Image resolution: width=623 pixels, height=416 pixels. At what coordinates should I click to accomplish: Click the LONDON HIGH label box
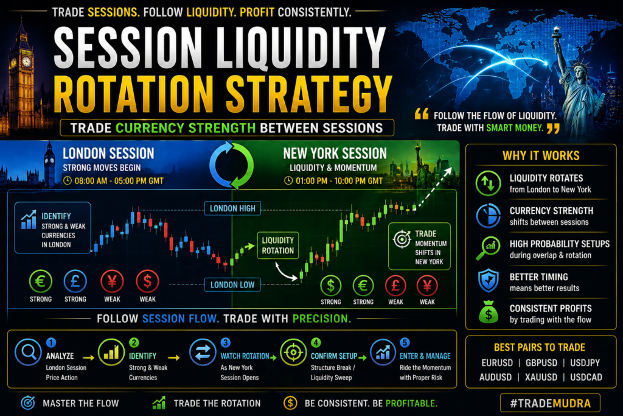tap(232, 208)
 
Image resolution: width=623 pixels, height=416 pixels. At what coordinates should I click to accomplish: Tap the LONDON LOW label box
tap(232, 285)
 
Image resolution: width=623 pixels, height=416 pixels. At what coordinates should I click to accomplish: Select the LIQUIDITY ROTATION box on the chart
tap(277, 245)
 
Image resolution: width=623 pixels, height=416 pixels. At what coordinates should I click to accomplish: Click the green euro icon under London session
tap(41, 281)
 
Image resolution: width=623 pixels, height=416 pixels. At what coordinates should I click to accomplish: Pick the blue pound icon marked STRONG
tap(75, 281)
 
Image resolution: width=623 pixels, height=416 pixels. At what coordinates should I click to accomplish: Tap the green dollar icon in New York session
tap(330, 286)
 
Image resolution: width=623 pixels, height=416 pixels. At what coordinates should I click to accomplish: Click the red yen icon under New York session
tap(427, 286)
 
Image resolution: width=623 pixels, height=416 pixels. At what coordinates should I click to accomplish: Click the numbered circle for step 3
tap(225, 343)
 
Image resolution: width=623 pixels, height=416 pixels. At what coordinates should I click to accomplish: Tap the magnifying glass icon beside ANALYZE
tap(28, 352)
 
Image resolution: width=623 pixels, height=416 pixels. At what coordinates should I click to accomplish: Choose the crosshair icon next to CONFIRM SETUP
tap(293, 353)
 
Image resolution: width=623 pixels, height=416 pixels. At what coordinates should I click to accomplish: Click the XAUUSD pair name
tap(541, 377)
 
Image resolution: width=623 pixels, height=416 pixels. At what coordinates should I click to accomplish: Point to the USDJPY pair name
tap(585, 363)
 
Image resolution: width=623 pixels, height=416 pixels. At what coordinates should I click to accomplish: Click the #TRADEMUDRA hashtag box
tap(550, 403)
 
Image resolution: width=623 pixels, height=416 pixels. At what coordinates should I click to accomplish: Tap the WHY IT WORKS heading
tap(541, 155)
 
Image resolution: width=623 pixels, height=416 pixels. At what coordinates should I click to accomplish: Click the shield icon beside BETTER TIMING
tap(489, 280)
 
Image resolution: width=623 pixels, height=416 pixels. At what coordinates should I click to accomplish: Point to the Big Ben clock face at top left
tap(27, 62)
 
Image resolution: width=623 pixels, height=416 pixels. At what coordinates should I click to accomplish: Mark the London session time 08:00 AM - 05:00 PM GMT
tap(119, 181)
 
